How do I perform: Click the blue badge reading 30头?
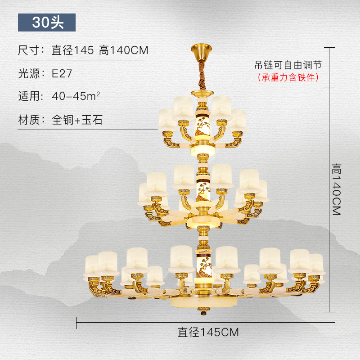[47, 22]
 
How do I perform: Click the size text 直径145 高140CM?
[99, 50]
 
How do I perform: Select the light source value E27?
[62, 74]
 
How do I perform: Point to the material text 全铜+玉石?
[77, 120]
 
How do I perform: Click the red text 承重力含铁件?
[288, 77]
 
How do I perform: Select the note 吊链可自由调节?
[288, 65]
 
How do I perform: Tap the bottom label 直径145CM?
[208, 333]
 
